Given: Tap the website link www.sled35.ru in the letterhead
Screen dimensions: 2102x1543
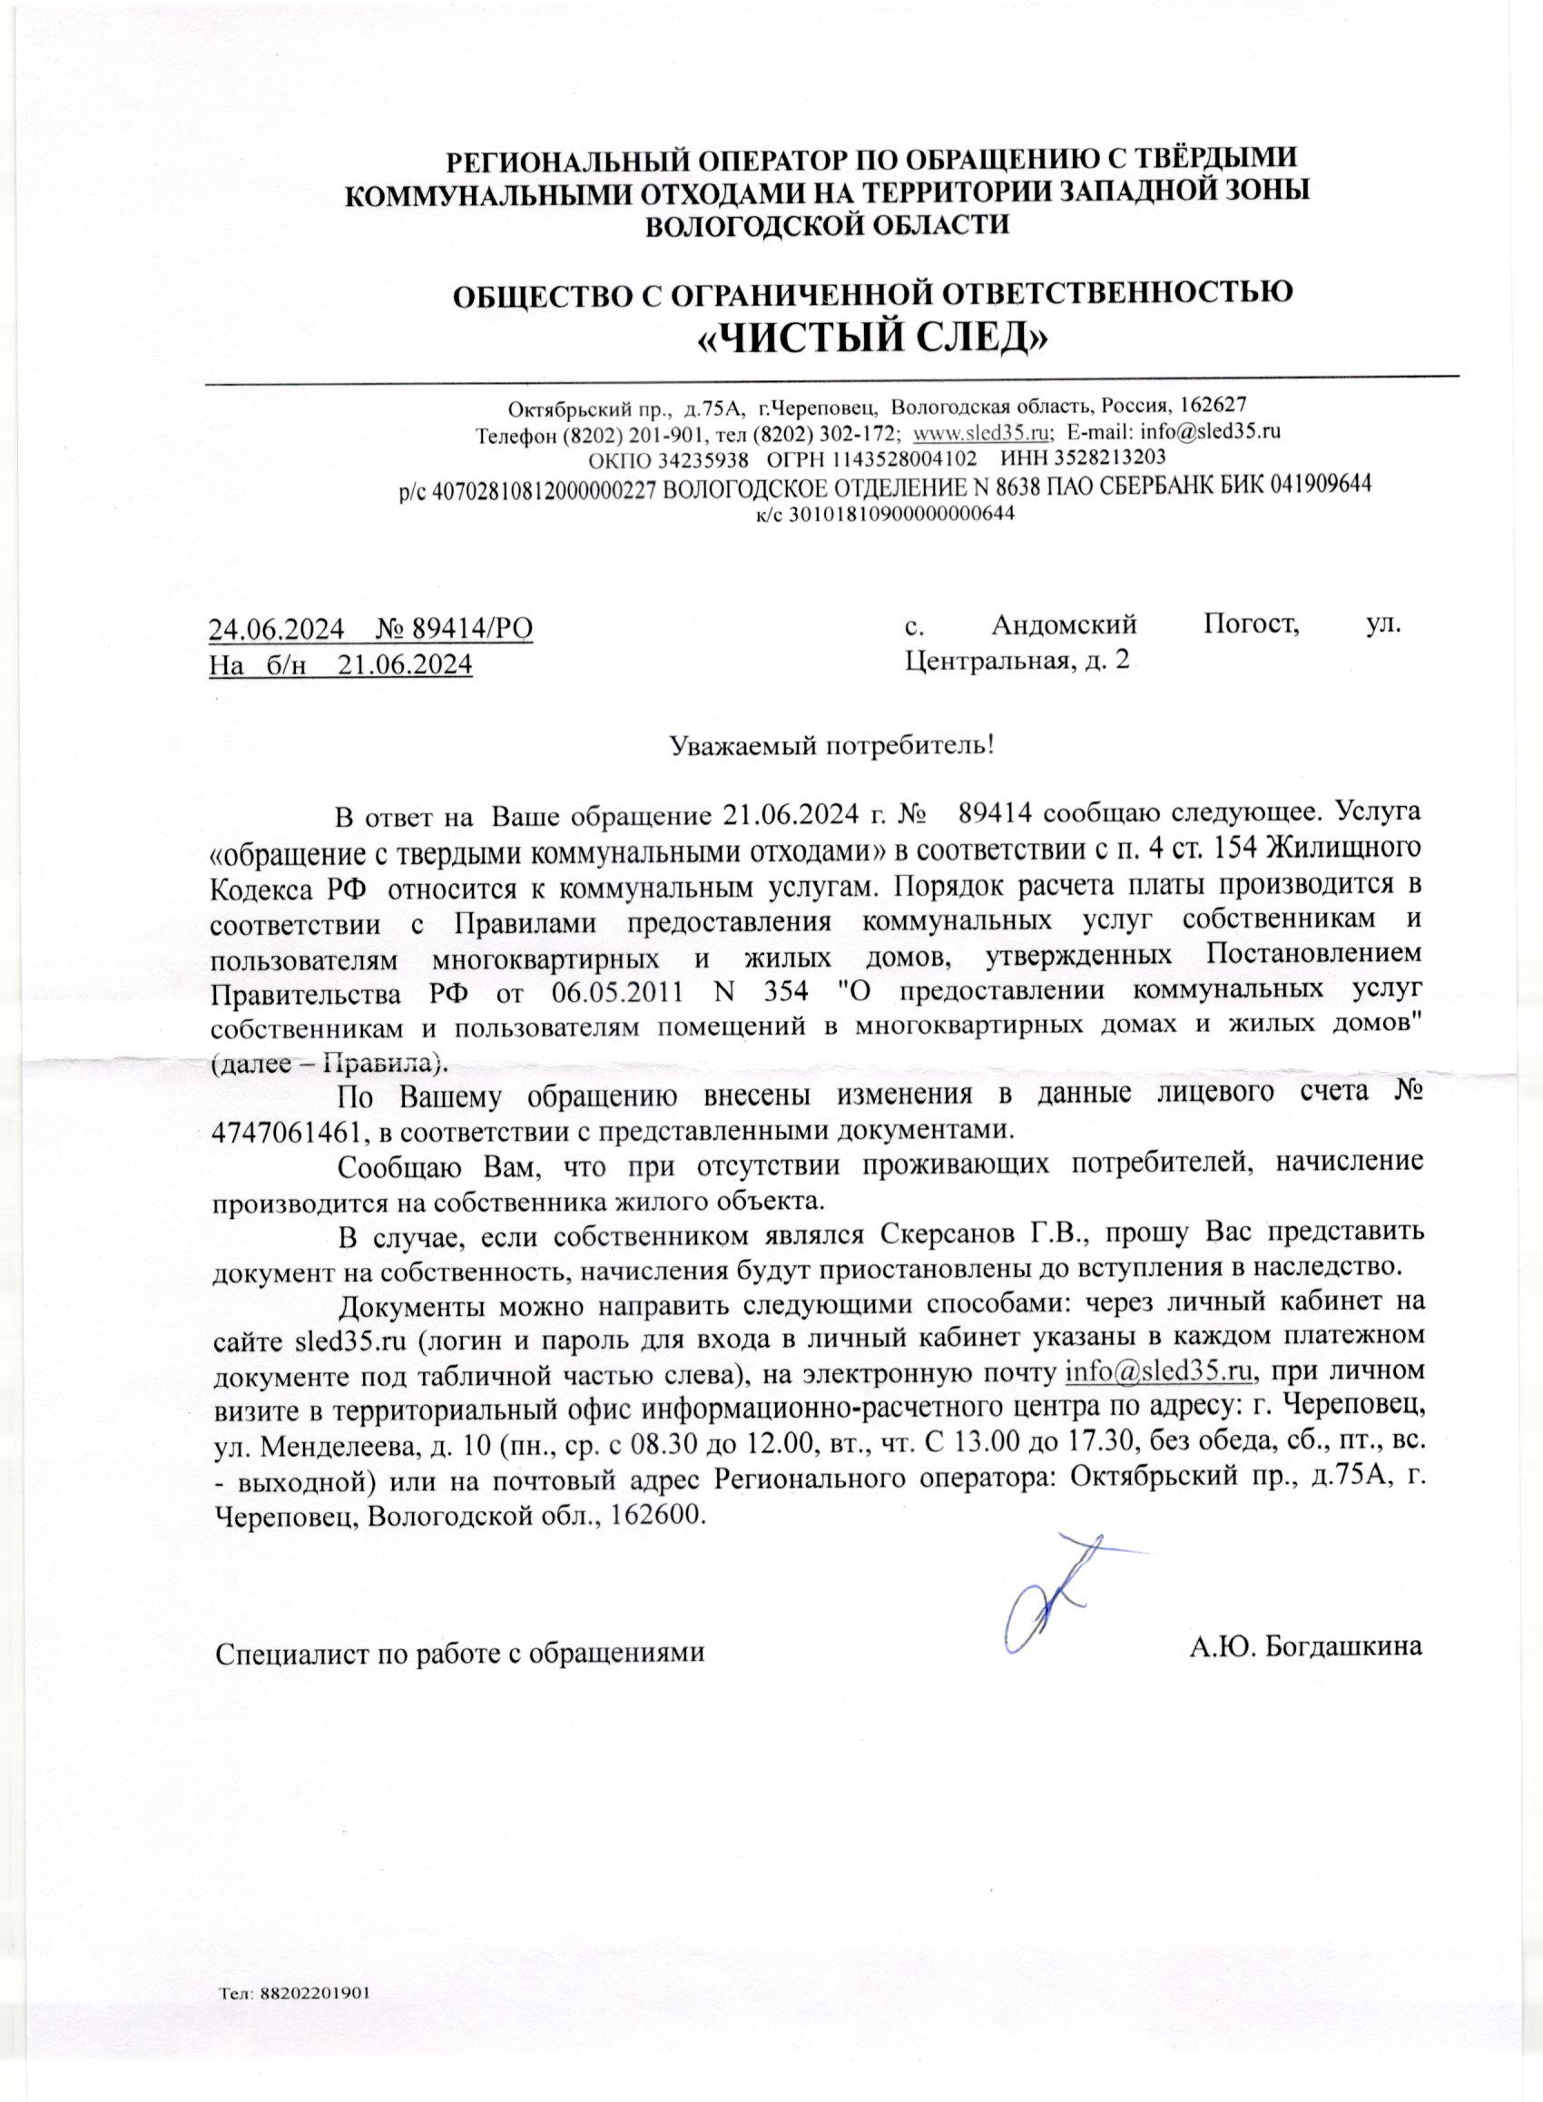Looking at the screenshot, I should pyautogui.click(x=982, y=432).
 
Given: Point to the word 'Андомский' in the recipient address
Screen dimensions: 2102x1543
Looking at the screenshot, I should pyautogui.click(x=1064, y=623).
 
